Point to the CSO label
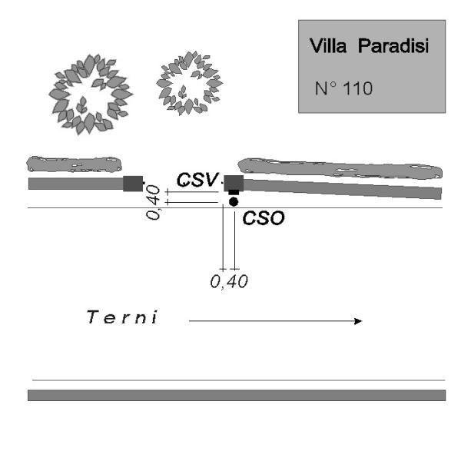point(264,218)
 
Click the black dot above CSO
point(234,202)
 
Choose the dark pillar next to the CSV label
point(234,182)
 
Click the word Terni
point(123,317)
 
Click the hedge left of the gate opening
point(74,164)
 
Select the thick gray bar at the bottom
point(236,395)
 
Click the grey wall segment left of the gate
point(75,184)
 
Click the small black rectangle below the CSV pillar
point(234,192)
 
